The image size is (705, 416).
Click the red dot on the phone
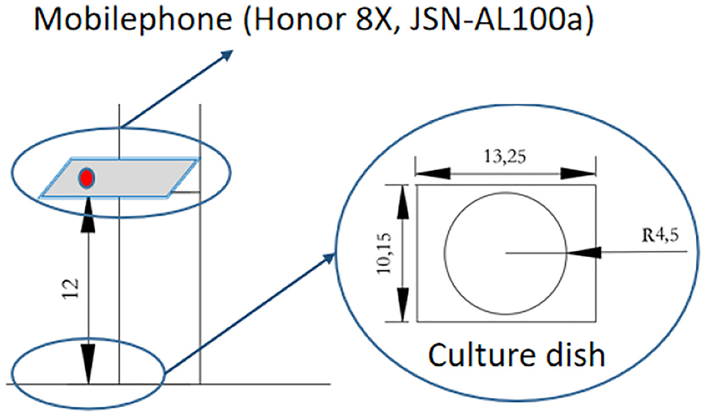click(86, 178)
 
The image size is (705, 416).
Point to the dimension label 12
click(72, 288)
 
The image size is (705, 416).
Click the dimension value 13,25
click(505, 157)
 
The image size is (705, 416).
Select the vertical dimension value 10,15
click(385, 254)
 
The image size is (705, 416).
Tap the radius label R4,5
click(659, 236)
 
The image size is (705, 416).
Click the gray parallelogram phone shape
click(119, 177)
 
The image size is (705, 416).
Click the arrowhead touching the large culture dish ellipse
click(329, 258)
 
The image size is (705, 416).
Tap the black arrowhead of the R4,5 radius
click(583, 253)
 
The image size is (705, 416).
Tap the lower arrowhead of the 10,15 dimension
click(403, 305)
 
